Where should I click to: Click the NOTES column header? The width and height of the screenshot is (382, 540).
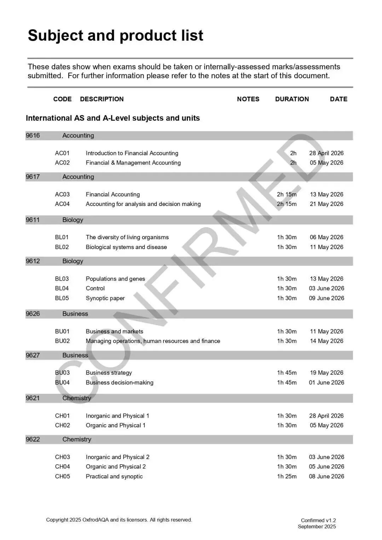pos(248,99)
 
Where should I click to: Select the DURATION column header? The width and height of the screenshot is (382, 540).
pos(292,99)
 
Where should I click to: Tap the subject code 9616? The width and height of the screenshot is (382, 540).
pos(33,136)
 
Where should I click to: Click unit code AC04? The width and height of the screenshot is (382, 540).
pos(62,204)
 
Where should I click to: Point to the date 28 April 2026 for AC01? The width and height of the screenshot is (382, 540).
pos(326,153)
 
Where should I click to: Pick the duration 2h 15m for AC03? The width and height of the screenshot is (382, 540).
pos(286,194)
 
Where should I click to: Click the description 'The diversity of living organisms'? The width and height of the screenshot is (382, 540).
pos(127,237)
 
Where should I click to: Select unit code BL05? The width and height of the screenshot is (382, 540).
pos(62,298)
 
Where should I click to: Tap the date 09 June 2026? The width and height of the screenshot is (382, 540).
pos(326,298)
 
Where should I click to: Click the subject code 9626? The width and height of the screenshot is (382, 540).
pos(33,314)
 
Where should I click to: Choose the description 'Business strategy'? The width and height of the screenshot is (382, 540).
pos(109,373)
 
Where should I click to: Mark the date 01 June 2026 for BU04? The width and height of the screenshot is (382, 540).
pos(326,383)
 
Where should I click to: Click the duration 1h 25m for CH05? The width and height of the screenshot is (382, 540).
pos(286,476)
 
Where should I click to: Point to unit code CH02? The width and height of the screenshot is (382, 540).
pos(62,425)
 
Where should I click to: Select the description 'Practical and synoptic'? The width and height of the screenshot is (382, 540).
pos(114,476)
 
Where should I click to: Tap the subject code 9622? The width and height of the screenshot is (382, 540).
pos(33,440)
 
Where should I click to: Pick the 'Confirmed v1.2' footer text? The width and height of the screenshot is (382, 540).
pos(318,520)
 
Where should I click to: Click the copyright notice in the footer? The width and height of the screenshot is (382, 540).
pos(119,520)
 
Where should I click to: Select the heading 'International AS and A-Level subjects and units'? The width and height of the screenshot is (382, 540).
pos(113,118)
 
